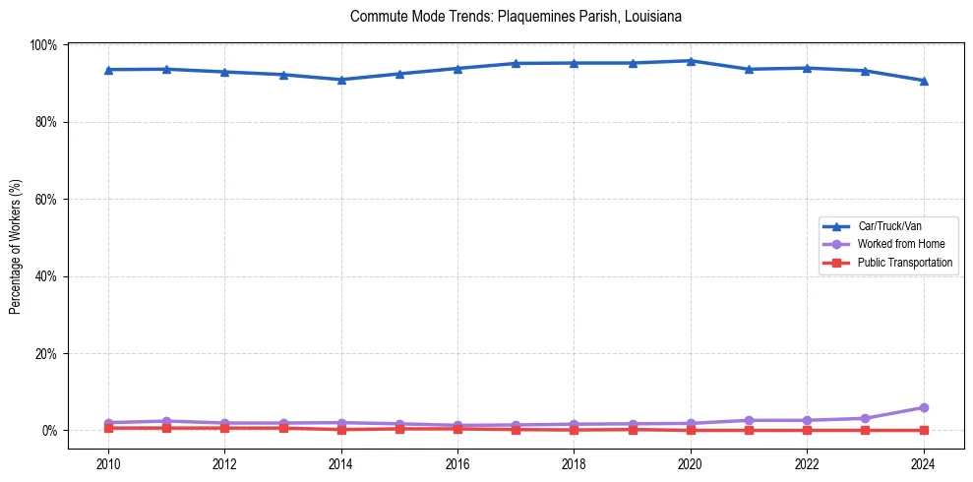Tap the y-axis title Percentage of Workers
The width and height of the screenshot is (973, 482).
[x=16, y=246]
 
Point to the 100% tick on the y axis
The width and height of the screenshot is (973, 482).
[x=44, y=45]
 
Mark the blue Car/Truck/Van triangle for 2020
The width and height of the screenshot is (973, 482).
[x=691, y=61]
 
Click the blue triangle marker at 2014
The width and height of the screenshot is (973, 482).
[x=341, y=80]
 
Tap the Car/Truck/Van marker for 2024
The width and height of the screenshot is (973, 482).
[x=923, y=81]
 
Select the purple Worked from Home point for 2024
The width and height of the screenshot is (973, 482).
[x=923, y=407]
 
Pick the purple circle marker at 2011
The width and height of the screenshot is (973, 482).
[x=166, y=421]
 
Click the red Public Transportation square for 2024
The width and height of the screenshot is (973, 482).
[x=923, y=430]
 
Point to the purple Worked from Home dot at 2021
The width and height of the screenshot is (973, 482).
[x=749, y=420]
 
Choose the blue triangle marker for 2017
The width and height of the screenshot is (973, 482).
[x=516, y=64]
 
